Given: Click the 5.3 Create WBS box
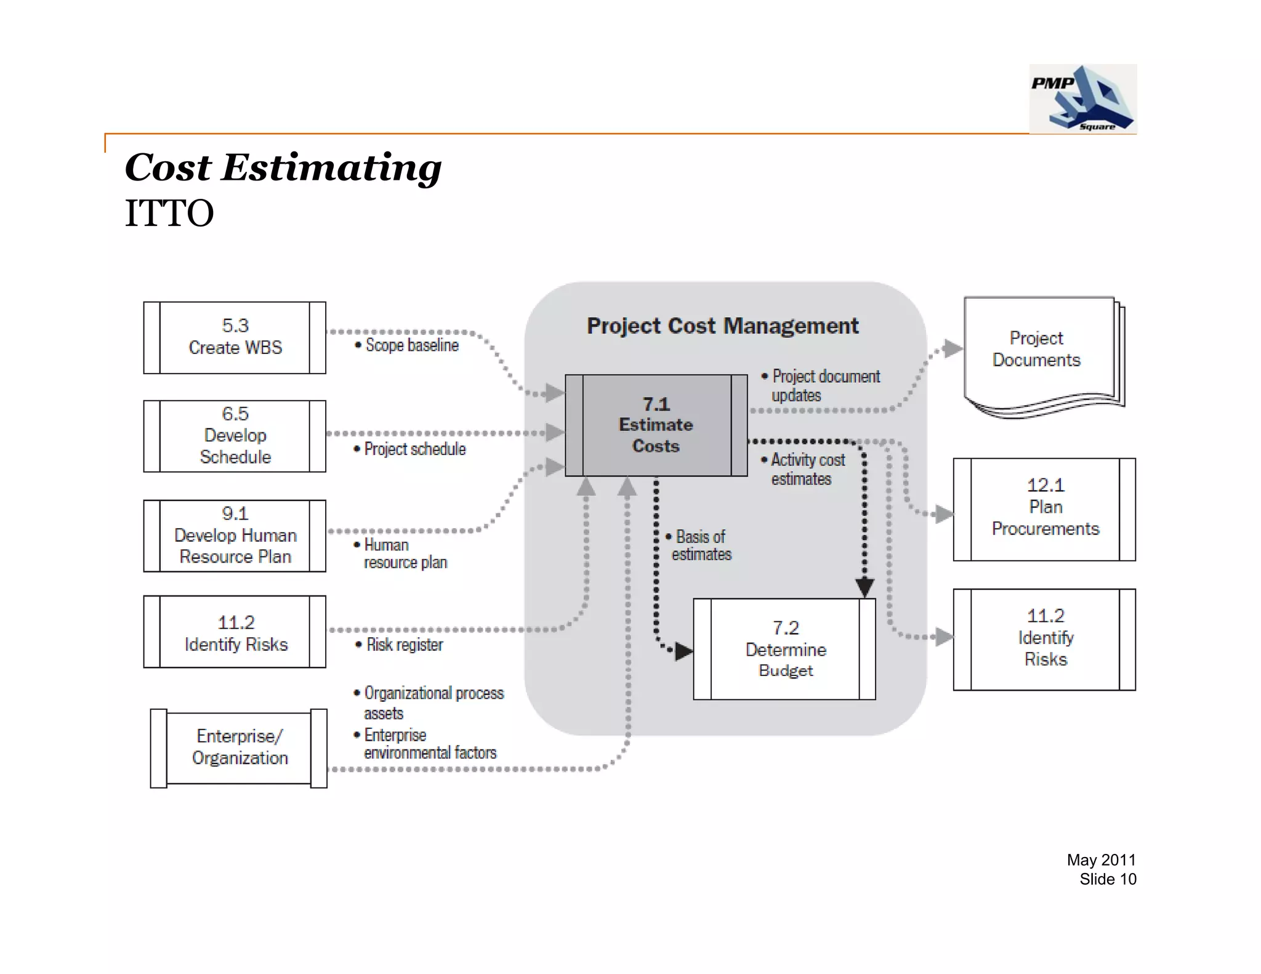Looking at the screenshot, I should [235, 337].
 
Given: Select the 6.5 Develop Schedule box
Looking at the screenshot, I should [235, 436].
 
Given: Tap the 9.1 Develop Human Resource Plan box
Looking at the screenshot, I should [235, 536].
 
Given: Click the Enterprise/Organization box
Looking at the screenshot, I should [239, 747].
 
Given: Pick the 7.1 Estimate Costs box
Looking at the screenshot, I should [656, 425].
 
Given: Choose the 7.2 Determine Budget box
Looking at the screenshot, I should [784, 649].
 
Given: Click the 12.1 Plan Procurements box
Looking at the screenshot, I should [1044, 509].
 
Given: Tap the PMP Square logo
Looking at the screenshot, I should [1082, 99].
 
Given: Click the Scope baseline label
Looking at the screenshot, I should [411, 345].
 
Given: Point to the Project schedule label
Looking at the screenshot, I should [414, 449].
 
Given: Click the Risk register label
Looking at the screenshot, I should [404, 645].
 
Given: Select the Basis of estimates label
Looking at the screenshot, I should [701, 545].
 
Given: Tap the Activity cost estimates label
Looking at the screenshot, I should [807, 469].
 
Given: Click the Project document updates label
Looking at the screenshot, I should [825, 385].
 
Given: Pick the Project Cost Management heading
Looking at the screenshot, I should [722, 326].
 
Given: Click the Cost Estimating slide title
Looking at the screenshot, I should [283, 167].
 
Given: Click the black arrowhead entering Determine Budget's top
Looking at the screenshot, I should [864, 587].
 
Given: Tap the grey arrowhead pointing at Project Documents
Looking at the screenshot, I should [952, 348].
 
